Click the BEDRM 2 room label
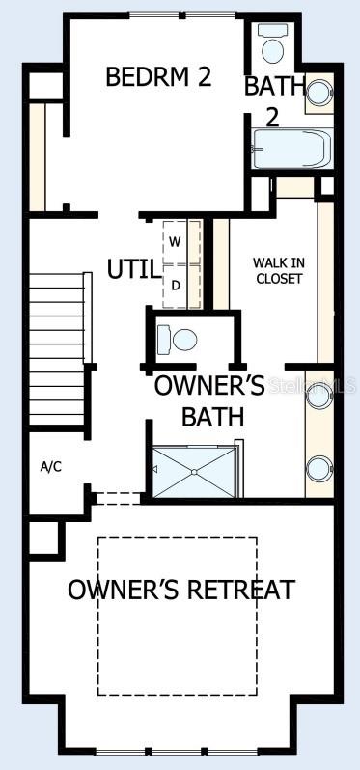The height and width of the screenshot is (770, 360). point(158,77)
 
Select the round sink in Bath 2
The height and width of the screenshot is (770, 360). point(318,92)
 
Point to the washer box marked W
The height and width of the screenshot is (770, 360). point(176,239)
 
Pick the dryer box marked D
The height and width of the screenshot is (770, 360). point(176,286)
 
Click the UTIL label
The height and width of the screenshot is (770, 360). point(133,269)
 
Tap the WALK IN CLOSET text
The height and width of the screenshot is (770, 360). point(278,270)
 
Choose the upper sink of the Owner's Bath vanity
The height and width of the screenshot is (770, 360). point(317,395)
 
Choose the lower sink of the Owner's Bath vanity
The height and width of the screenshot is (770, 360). point(317,470)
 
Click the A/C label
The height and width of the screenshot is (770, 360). point(51,467)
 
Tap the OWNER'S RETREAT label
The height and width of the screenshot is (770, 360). point(180,590)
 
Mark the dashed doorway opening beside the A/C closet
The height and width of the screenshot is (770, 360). point(119,499)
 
